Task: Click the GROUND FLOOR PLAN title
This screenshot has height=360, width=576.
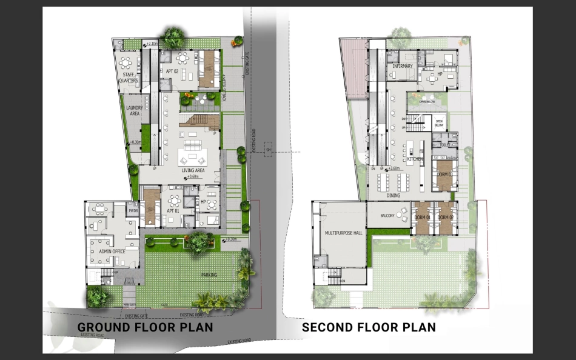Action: (x=145, y=328)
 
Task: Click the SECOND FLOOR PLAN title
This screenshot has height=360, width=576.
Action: (x=369, y=328)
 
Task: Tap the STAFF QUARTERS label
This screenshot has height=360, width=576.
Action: (x=129, y=78)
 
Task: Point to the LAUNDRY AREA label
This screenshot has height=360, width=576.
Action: (x=135, y=110)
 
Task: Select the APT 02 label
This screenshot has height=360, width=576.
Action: (x=172, y=72)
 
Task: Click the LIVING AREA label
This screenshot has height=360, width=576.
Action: (x=193, y=171)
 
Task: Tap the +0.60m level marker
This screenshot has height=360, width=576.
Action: (x=193, y=177)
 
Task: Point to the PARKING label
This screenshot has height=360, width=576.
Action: (x=209, y=275)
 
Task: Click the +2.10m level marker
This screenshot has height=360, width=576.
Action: (x=151, y=44)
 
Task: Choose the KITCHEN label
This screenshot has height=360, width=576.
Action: (x=415, y=158)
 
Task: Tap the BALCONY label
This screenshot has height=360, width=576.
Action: (x=388, y=216)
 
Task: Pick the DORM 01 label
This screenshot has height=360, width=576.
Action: (x=422, y=217)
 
